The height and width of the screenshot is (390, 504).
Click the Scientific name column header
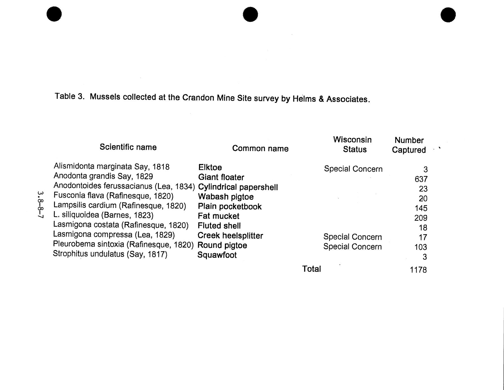click(128, 147)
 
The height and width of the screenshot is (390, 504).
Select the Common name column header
click(260, 148)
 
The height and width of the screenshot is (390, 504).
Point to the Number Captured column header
click(409, 145)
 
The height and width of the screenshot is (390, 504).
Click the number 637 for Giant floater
click(421, 179)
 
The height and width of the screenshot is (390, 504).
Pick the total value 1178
click(418, 270)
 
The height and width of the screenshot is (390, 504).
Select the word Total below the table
click(312, 269)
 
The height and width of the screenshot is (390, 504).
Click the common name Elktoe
click(210, 167)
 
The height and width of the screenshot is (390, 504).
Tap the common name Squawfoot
click(217, 255)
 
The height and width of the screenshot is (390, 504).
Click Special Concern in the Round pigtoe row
click(352, 247)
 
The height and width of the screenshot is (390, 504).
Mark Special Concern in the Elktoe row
click(353, 169)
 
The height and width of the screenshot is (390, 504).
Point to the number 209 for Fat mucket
click(421, 218)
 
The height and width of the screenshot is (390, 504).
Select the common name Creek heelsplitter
click(230, 236)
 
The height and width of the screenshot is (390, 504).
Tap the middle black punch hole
click(250, 14)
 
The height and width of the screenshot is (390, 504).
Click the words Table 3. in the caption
click(70, 96)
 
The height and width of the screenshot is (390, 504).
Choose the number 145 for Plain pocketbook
click(421, 208)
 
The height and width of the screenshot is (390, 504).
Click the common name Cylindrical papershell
click(238, 187)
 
